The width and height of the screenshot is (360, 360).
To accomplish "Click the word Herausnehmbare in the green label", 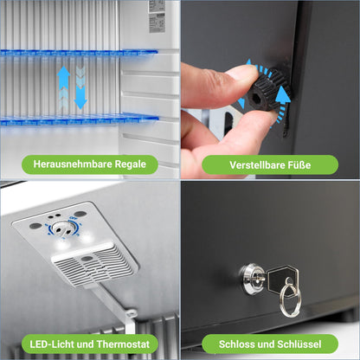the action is tap(73, 164).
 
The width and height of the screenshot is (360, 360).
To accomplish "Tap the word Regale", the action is tap(131, 164).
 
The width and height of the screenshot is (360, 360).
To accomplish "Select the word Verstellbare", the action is tap(257, 165).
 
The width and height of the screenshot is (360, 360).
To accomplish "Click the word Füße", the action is tap(299, 165).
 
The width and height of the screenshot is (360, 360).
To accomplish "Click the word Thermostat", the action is tap(123, 344).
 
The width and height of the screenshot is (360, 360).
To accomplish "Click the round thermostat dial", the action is tap(61, 228).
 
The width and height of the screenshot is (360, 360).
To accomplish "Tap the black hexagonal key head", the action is tap(283, 280).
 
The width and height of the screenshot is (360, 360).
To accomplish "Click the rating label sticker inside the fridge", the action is tap(157, 16).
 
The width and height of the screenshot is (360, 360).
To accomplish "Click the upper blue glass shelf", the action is tap(79, 53).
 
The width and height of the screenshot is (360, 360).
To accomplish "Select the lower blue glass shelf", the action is tap(80, 119).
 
